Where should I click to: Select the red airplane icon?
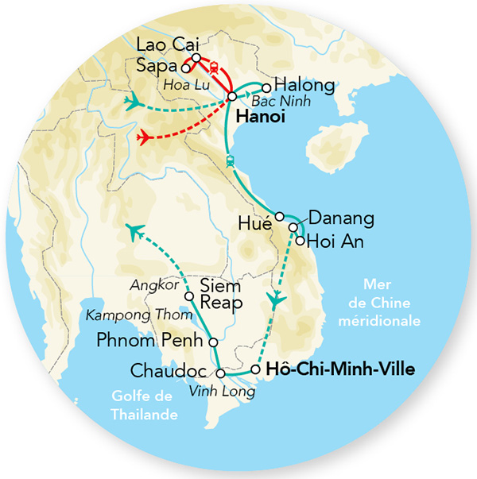coord(145,137)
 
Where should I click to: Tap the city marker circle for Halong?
coord(268,87)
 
